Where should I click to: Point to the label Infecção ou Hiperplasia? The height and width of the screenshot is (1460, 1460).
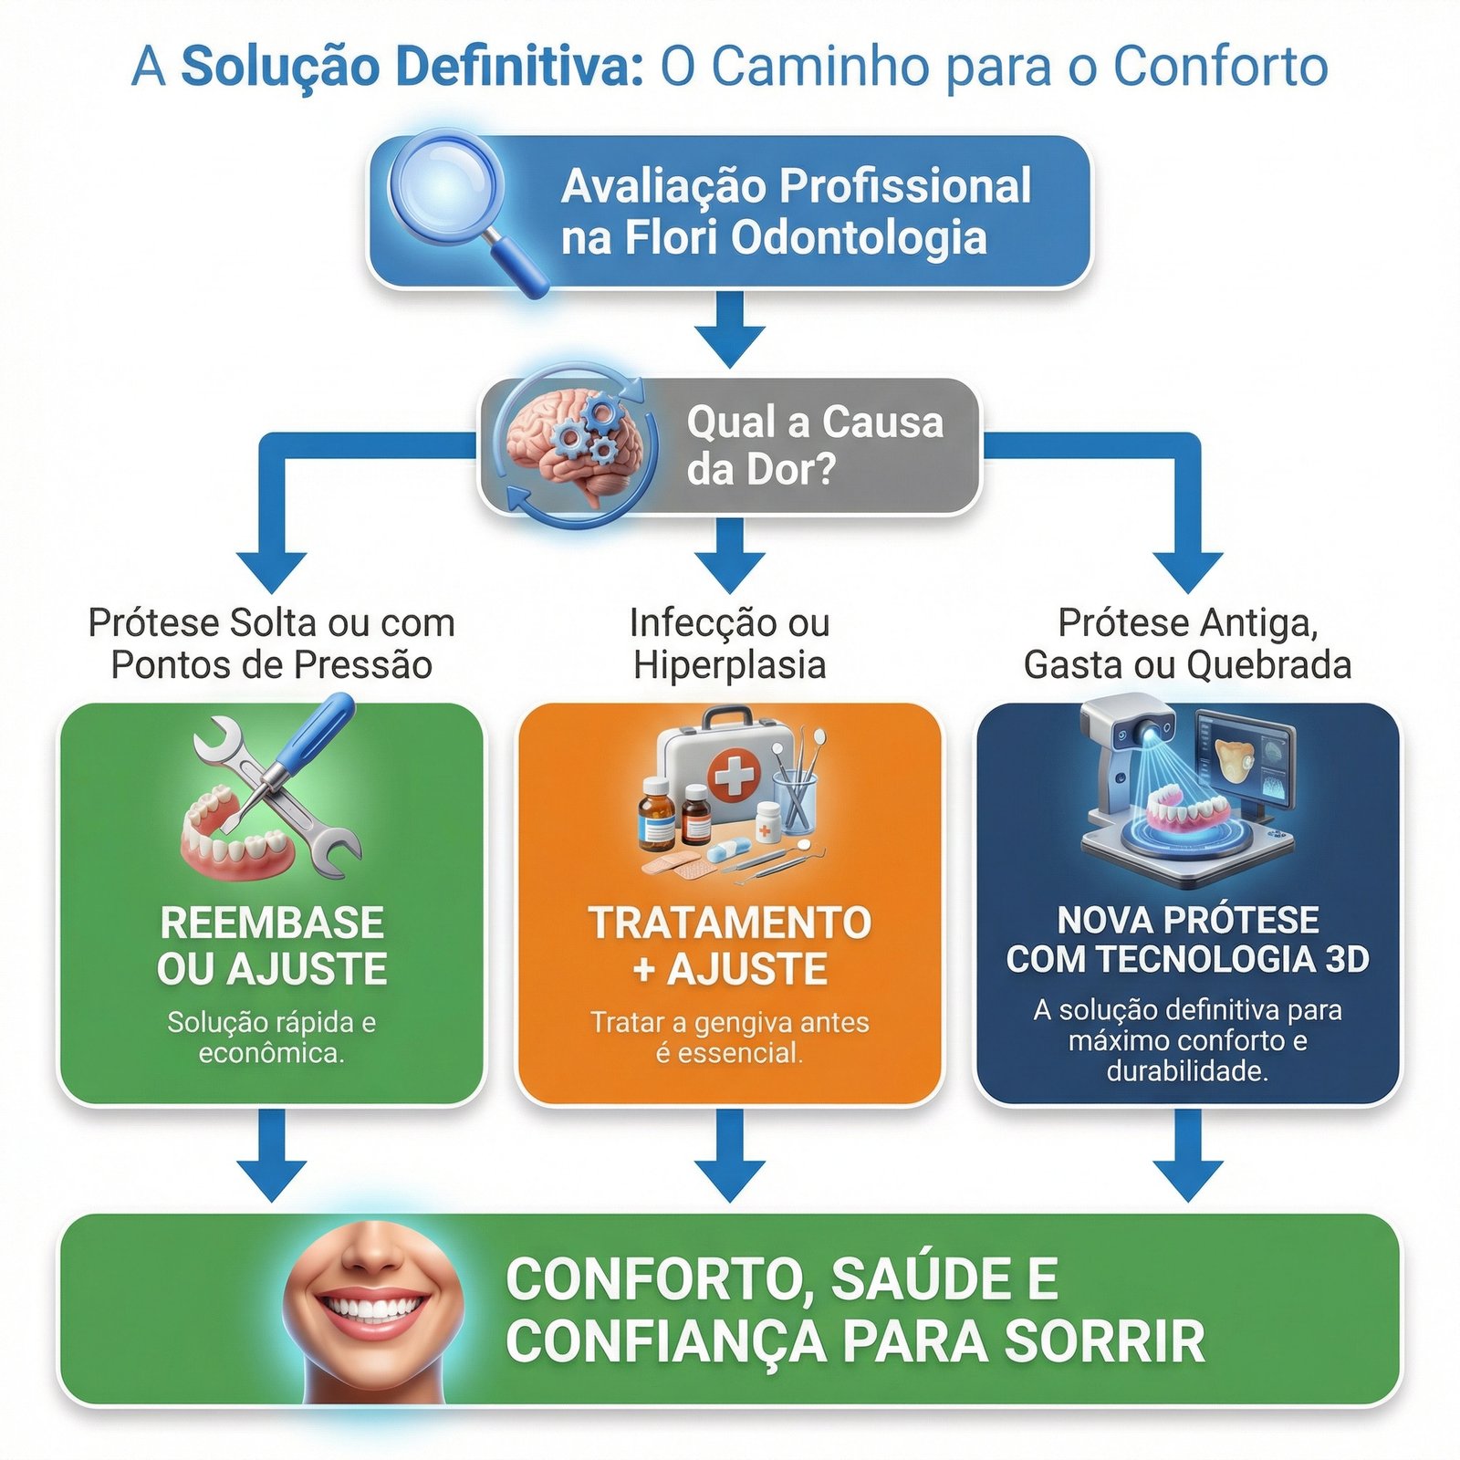[729, 643]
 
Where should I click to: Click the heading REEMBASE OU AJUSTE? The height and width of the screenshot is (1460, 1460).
[272, 945]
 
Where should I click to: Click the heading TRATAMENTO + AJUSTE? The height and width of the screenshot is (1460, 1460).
[729, 945]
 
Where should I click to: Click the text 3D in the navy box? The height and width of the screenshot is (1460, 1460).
[1346, 959]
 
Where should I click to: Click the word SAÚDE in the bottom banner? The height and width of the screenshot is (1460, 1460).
[920, 1279]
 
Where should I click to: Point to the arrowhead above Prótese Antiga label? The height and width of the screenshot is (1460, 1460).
[1187, 570]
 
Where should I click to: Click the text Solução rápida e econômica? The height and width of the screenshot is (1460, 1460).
[272, 1038]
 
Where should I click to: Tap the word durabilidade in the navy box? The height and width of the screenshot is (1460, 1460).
[1187, 1071]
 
